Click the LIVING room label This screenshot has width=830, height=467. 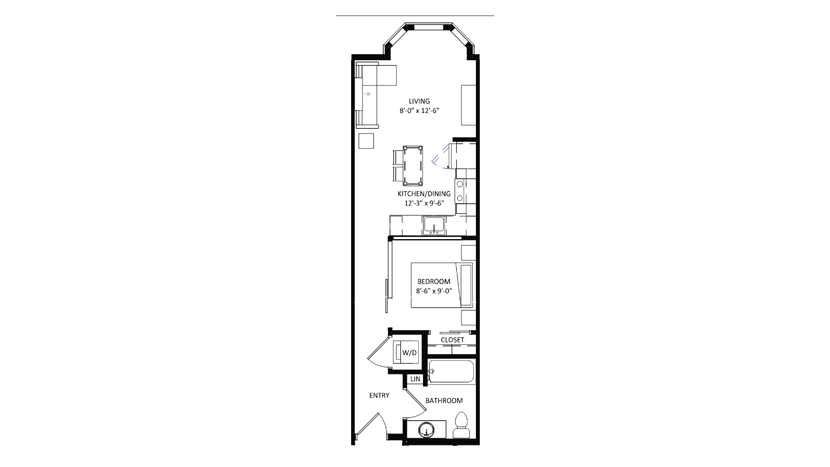coord(419,101)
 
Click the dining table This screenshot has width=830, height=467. coord(413,166)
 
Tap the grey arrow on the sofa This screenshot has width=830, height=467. coord(367,94)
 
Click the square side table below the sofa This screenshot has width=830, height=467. coord(366,141)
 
